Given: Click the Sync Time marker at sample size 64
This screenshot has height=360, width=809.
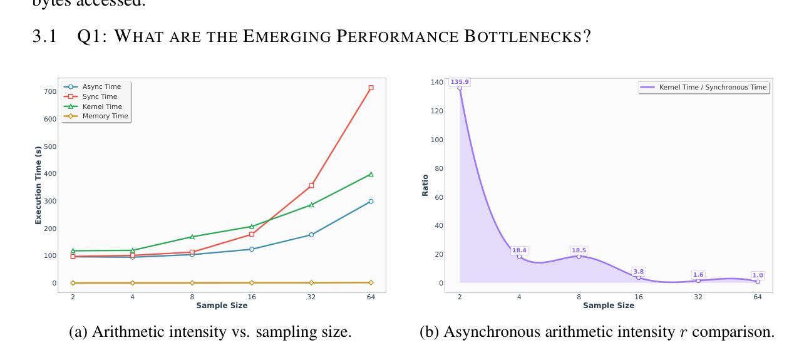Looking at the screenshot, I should click(371, 88).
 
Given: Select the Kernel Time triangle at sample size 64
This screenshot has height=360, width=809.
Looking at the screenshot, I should click(371, 174).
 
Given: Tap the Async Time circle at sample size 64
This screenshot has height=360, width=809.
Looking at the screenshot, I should click(371, 201).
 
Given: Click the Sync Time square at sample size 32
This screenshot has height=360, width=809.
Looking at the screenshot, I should click(311, 185).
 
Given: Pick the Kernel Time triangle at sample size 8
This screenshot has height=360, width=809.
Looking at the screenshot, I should click(192, 237).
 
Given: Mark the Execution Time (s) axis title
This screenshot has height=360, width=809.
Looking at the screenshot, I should click(38, 185).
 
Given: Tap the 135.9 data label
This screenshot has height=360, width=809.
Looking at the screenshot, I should click(460, 81).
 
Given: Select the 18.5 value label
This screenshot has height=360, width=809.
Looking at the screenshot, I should click(579, 250).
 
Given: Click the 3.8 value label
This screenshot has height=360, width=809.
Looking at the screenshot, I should click(639, 271).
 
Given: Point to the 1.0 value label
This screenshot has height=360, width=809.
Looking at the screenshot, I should click(758, 275).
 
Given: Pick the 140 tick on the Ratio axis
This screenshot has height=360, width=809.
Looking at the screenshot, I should click(436, 82).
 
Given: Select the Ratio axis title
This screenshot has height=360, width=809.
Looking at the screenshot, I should click(425, 185).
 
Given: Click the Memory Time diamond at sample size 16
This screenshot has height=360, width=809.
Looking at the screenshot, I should click(252, 283).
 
